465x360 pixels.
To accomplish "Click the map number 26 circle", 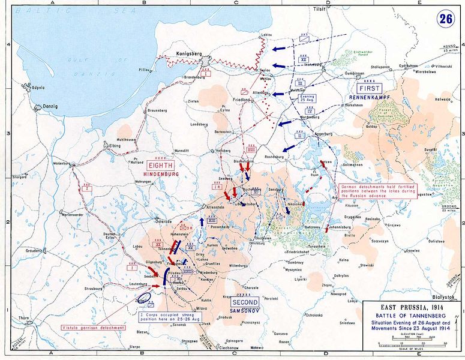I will [445, 17].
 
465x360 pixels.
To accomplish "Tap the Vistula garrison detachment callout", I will [94, 328].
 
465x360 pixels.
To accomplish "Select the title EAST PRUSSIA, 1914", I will [412, 307].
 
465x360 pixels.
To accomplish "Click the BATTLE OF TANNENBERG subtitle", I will [412, 315].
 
